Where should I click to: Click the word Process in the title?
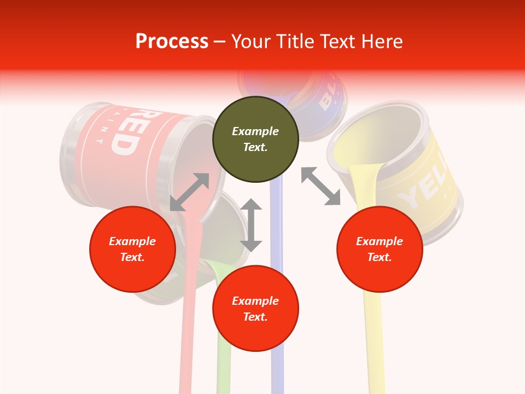[x=172, y=41]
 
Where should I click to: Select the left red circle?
[x=132, y=249]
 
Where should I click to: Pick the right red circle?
[x=380, y=249]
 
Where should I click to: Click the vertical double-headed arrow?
[x=251, y=225]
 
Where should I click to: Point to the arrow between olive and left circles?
[x=190, y=192]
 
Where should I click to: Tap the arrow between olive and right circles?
[x=320, y=186]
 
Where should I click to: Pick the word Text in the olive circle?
[x=255, y=147]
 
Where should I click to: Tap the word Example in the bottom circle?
[x=255, y=301]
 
